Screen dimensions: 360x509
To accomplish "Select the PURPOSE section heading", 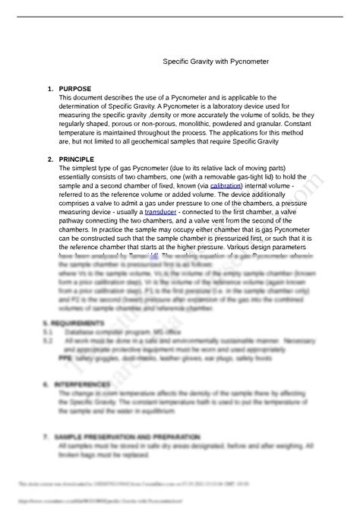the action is (x=75, y=88).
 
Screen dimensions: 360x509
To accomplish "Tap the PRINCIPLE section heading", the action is (x=76, y=160).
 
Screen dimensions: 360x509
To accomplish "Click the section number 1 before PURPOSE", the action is (x=49, y=88).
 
